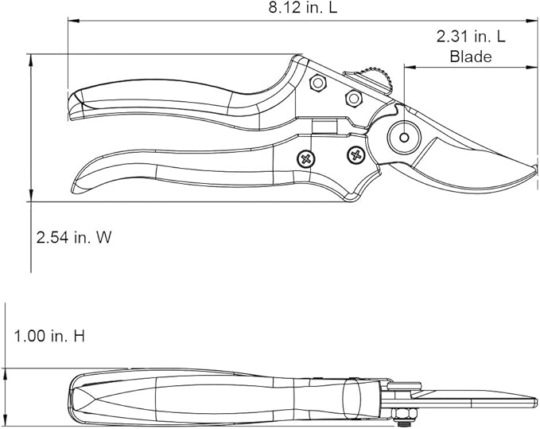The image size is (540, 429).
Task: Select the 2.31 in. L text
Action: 471,37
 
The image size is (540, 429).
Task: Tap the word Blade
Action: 471,57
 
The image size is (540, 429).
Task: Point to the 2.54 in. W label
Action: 72,237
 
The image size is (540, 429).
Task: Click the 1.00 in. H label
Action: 49,336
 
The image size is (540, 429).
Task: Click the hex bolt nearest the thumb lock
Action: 352,98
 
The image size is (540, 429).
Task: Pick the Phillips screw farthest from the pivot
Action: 304,159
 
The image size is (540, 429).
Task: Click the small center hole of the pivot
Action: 404,138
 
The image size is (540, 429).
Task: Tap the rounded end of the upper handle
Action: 70,104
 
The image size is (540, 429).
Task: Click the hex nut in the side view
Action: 402,412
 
